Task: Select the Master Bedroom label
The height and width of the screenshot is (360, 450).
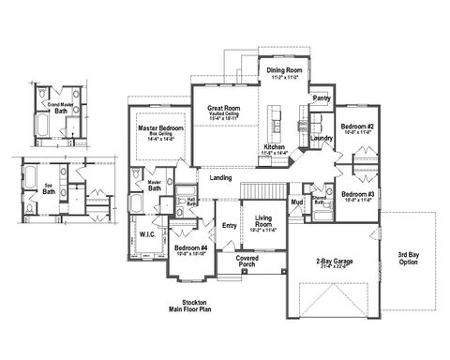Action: (x=159, y=127)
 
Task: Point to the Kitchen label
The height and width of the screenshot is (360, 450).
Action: (x=274, y=148)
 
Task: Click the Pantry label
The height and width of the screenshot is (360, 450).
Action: (x=322, y=97)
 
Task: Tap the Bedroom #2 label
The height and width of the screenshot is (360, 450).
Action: (x=357, y=127)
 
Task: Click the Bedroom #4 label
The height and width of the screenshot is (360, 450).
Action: (x=190, y=248)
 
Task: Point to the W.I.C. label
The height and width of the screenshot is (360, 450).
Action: (x=148, y=233)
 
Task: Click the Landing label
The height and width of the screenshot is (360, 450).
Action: (x=221, y=177)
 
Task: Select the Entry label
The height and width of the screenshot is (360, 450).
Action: (x=230, y=225)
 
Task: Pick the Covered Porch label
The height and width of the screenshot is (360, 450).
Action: (x=247, y=259)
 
